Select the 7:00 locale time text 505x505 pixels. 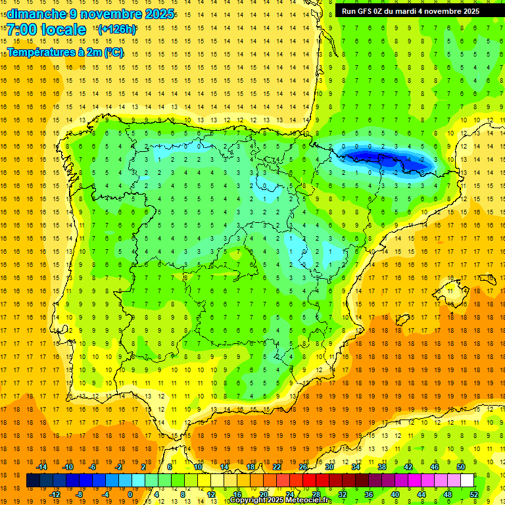pyautogui.click(x=46, y=30)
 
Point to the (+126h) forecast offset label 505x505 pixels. pyautogui.click(x=117, y=30)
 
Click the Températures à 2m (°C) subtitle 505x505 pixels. pyautogui.click(x=65, y=52)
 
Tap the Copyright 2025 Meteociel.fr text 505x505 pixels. pyautogui.click(x=281, y=500)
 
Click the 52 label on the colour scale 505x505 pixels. pyautogui.click(x=474, y=494)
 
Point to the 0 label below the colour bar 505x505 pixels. pyautogui.click(x=130, y=494)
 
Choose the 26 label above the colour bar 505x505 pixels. pyautogui.click(x=303, y=467)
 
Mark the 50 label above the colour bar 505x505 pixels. pyautogui.click(x=461, y=467)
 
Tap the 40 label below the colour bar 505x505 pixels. pyautogui.click(x=395, y=494)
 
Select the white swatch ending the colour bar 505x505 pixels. pyautogui.click(x=468, y=481)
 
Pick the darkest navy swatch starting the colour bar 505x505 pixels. pyautogui.click(x=33, y=481)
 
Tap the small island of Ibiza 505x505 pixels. pyautogui.click(x=400, y=320)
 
